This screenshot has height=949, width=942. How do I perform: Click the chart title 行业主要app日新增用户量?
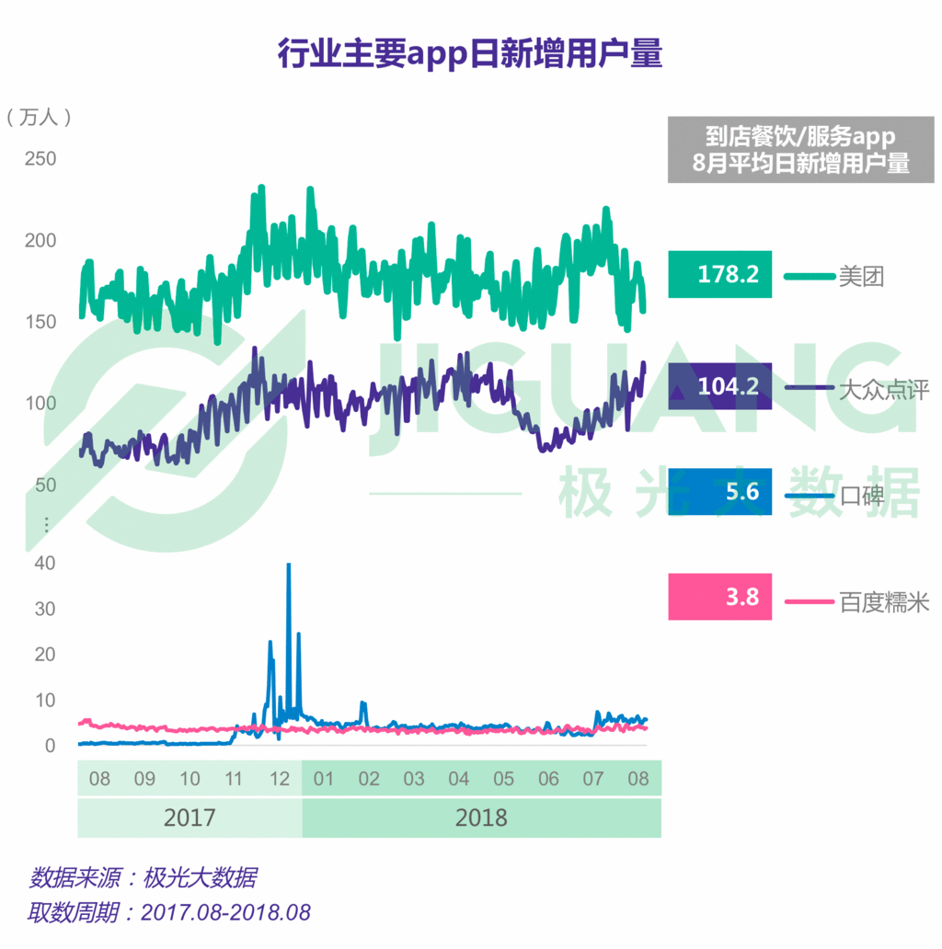pos(470,54)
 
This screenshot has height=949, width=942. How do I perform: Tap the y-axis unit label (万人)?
pos(38,117)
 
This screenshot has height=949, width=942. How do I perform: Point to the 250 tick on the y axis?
pos(40,159)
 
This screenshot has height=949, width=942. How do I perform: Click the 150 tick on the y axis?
pos(40,322)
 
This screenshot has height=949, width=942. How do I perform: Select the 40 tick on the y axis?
pos(44,563)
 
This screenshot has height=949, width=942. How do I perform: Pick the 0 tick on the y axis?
pos(50,746)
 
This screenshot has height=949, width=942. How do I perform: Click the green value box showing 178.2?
pos(719,274)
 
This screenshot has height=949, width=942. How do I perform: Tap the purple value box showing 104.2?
pos(719,386)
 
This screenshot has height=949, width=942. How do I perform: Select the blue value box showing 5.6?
pos(719,493)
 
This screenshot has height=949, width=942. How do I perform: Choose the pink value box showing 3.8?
pos(719,597)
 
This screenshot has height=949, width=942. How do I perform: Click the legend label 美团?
pos(861,276)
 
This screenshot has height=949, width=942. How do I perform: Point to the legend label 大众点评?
pos(883,389)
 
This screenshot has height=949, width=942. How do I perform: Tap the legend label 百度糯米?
pos(883,602)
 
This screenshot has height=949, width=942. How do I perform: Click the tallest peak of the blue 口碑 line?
pos(289,566)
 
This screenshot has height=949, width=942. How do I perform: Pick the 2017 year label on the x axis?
pos(190,818)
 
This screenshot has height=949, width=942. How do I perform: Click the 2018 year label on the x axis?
pos(481,818)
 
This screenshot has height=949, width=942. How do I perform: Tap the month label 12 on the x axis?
pos(279,779)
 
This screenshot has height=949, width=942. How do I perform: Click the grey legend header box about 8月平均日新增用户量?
pos(800,150)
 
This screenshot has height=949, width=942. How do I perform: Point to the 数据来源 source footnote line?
pos(144,876)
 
